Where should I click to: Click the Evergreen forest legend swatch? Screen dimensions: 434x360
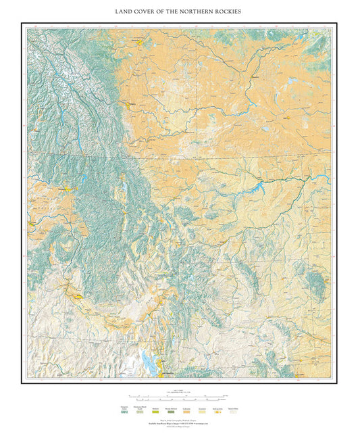point(124,412)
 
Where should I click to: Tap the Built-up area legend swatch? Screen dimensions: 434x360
point(216,412)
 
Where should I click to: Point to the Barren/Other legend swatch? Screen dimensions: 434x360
point(233,412)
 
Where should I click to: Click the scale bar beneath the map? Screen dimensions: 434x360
point(180,396)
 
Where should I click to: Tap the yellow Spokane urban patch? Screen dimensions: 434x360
point(70,190)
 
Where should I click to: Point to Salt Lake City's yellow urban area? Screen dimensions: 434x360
point(161,370)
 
